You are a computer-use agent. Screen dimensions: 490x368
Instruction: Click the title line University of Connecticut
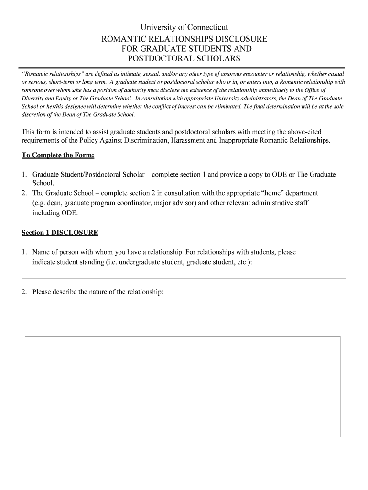point(184,28)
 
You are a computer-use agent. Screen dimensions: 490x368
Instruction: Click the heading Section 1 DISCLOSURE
point(60,233)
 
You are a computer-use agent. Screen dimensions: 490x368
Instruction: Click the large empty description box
point(183,386)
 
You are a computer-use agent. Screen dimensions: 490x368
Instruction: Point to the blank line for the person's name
point(184,278)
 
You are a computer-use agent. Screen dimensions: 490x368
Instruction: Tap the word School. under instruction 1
point(43,183)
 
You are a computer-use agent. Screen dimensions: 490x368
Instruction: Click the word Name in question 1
point(42,252)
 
